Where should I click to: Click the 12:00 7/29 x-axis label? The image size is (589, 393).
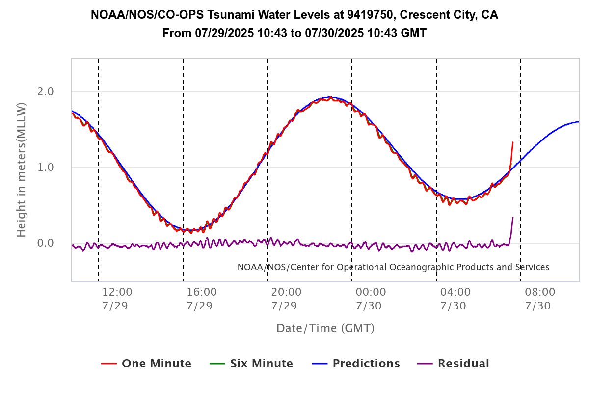point(115,299)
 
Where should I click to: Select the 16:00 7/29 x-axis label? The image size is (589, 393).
point(200,299)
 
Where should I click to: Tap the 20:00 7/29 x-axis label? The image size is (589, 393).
point(284,299)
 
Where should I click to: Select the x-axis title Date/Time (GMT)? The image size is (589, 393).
point(325,328)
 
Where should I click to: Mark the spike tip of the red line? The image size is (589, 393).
point(513,142)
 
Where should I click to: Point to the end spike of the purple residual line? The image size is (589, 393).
point(513,218)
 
